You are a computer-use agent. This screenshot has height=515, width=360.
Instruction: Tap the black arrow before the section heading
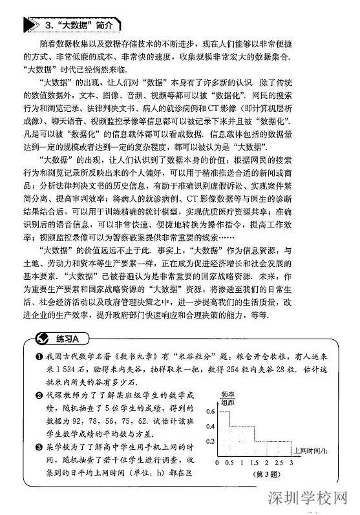tap(30, 25)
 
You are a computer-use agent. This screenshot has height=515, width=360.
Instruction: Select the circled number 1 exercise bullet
tap(39, 357)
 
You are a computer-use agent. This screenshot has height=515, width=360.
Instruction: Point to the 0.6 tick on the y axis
tap(210, 411)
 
